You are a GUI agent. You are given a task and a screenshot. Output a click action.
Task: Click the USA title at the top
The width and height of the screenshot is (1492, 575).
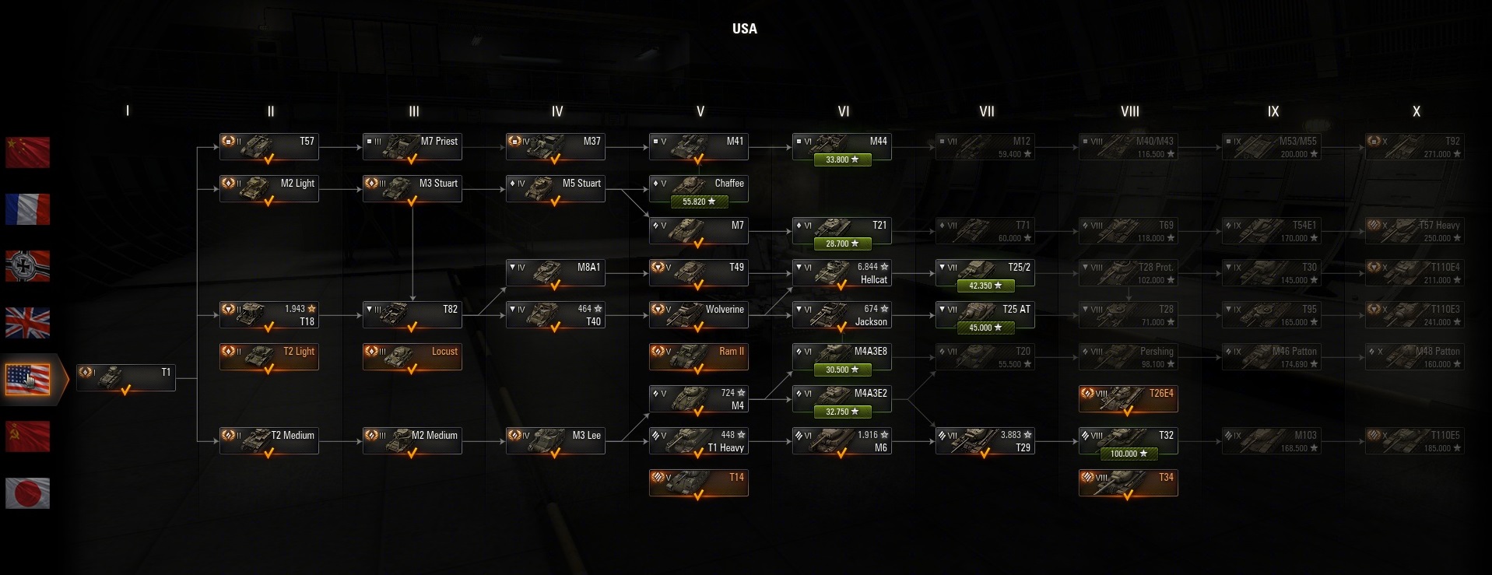point(744,29)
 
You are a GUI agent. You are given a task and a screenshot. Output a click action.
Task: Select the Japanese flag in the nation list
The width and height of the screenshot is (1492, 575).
point(27,493)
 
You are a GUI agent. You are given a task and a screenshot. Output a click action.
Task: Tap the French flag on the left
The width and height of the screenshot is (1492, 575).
point(27,209)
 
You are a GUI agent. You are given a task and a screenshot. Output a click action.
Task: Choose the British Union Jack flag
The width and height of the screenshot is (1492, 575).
point(27,322)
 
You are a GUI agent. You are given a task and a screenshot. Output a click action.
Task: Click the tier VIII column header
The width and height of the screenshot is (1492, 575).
point(1129,111)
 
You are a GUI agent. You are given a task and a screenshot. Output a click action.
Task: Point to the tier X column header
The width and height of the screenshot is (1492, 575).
point(1416,111)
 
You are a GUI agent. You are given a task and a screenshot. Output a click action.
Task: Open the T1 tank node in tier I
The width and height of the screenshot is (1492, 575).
point(126,378)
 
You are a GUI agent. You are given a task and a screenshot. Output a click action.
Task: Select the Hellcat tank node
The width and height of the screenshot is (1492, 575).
point(841,273)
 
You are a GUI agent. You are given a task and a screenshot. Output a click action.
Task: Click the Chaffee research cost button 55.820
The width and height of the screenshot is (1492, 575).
point(698,202)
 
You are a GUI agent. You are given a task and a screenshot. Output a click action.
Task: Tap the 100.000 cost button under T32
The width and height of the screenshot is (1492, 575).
point(1128,454)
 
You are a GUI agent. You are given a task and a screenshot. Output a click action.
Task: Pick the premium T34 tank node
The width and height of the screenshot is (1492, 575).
point(1128,483)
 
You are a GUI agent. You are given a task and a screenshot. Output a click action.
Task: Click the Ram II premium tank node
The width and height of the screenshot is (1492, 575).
point(698,357)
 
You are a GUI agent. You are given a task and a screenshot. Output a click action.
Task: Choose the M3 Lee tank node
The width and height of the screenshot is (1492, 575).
point(555,441)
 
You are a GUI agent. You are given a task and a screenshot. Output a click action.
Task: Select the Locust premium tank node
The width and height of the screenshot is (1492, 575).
point(412,357)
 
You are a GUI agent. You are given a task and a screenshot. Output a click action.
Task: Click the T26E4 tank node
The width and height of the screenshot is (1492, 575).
point(1128,399)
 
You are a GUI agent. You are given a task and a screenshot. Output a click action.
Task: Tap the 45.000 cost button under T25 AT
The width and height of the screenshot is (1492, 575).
point(985,328)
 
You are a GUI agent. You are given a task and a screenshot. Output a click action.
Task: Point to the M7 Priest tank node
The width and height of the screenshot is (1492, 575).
point(412,147)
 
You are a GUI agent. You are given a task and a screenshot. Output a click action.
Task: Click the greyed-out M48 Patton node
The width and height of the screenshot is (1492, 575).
point(1414,357)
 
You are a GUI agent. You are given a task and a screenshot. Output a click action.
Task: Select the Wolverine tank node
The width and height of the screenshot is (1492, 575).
point(698,315)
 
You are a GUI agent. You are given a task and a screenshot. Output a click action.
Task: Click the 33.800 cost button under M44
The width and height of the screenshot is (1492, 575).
point(841,160)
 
